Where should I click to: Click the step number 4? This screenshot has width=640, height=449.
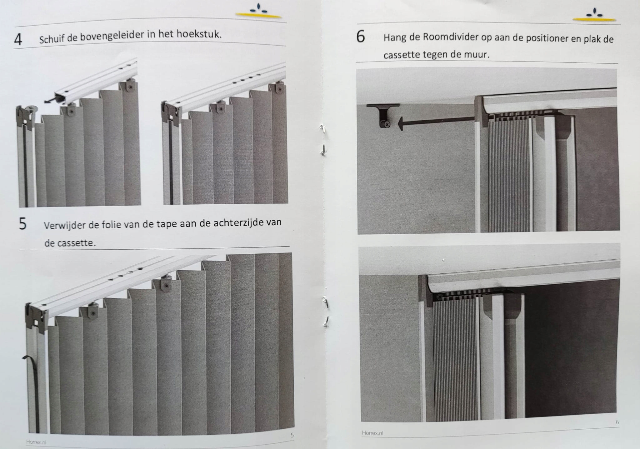point(18,39)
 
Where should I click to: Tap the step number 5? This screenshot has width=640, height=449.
point(22,224)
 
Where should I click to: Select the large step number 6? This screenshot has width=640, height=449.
point(361,37)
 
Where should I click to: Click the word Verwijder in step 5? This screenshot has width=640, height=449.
point(64,225)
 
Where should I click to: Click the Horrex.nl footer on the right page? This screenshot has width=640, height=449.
point(372,433)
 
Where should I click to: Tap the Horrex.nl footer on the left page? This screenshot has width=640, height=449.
point(36,442)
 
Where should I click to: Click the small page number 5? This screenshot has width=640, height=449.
point(292,435)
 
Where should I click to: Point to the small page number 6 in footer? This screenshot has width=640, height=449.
point(617,422)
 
